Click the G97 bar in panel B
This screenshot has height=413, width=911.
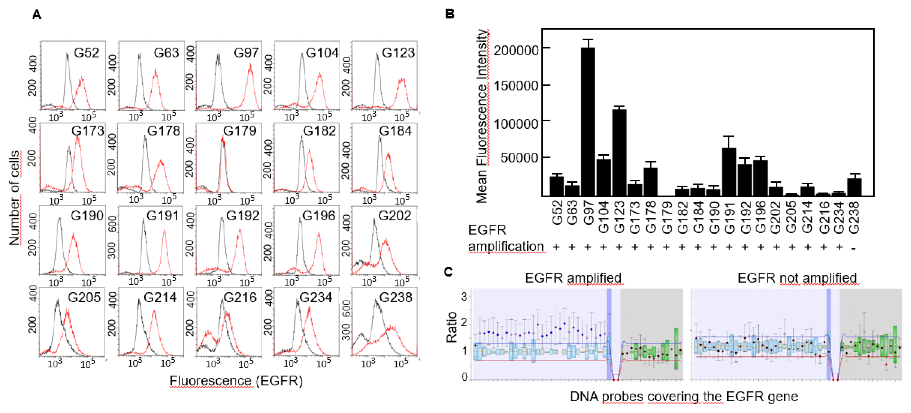588,122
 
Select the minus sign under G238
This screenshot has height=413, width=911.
854,248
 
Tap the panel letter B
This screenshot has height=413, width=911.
449,14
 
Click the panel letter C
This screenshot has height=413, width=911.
448,272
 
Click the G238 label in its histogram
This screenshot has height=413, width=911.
395,297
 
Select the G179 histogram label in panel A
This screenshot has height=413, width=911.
239,131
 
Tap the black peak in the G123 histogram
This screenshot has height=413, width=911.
377,55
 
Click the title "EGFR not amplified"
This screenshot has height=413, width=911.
797,278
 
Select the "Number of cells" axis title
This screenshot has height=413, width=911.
15,198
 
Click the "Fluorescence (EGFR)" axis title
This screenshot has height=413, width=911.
236,381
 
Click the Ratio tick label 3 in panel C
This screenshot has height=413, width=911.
464,297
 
